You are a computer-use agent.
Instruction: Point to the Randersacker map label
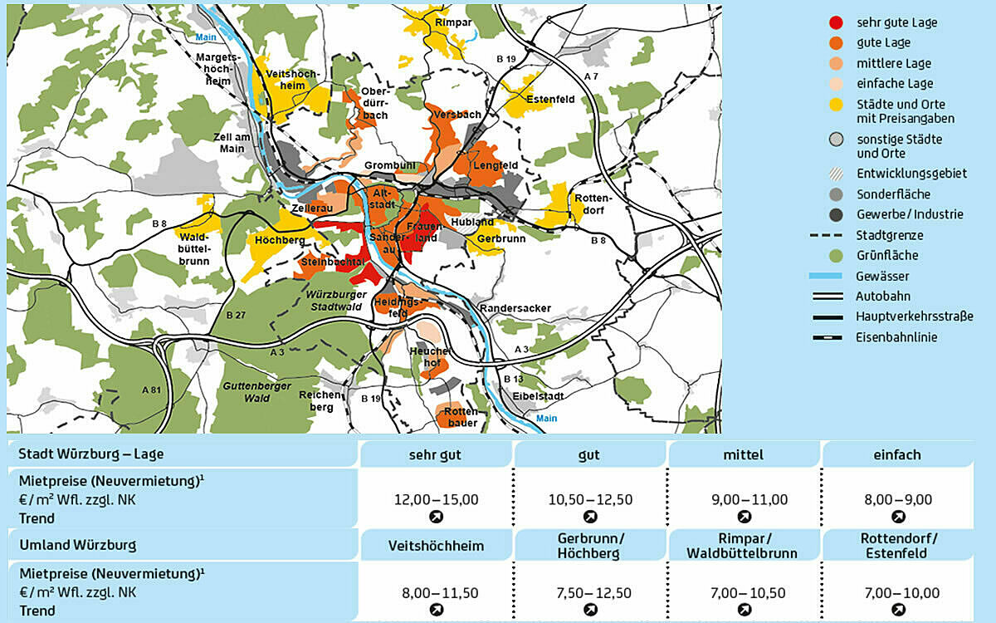(x=515, y=308)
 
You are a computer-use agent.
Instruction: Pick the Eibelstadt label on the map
(x=534, y=396)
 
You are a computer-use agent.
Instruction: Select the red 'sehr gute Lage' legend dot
(x=836, y=22)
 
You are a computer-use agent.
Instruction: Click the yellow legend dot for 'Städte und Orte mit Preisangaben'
(x=836, y=105)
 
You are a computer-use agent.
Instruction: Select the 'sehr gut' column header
(x=435, y=455)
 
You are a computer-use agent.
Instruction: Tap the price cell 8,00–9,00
(x=898, y=499)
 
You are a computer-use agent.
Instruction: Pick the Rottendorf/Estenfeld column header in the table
(x=898, y=546)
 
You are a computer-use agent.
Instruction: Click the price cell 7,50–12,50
(x=590, y=593)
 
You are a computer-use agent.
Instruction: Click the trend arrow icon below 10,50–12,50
(x=590, y=517)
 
